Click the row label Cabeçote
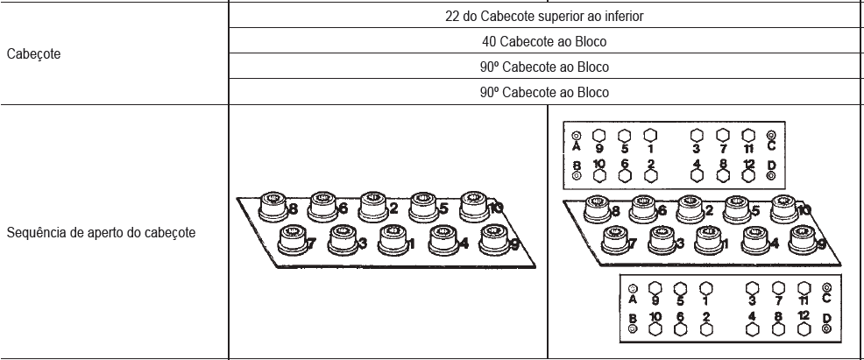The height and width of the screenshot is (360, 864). (33, 54)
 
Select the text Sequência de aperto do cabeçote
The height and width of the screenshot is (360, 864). (101, 233)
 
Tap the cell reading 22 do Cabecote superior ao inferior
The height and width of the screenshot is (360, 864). (544, 17)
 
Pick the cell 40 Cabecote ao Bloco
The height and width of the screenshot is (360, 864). (544, 42)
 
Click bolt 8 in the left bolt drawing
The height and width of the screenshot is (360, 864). (273, 207)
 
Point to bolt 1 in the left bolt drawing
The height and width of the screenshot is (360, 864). (393, 241)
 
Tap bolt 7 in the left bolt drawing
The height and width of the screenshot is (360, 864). (294, 241)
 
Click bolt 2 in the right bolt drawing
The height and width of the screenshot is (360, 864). (691, 209)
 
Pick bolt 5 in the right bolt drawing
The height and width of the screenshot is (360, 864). (738, 209)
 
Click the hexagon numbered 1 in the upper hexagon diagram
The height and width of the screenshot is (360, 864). (650, 136)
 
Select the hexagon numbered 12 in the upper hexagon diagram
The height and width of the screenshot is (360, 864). (747, 175)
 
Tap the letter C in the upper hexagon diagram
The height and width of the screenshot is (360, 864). (771, 146)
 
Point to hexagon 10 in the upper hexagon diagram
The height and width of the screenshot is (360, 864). (599, 175)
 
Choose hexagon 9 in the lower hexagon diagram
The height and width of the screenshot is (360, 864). (655, 288)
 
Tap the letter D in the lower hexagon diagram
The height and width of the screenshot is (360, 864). (826, 318)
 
